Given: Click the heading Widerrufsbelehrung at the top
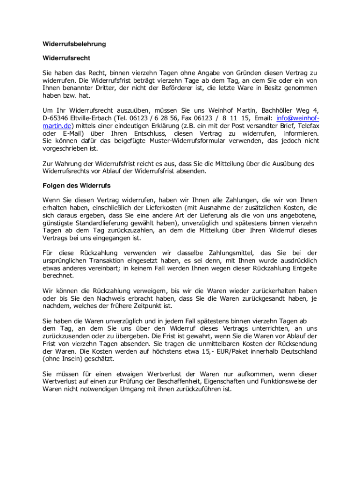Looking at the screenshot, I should pos(74,44).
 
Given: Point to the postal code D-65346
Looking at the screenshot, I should pos(56,118).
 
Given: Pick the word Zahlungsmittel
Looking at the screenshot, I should pos(223,253).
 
